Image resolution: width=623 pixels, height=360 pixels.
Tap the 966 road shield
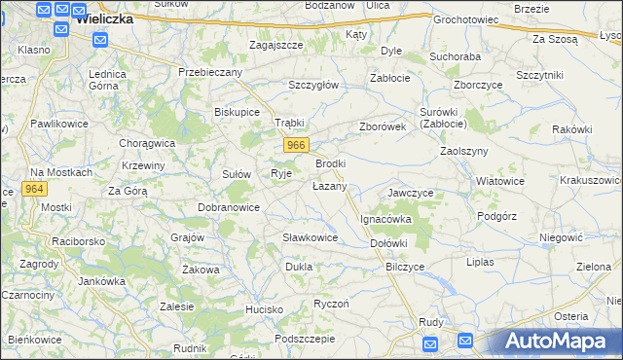tap(298, 145)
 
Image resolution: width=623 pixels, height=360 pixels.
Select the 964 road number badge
tap(34, 189)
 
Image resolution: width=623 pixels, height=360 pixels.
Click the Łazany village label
tap(329, 185)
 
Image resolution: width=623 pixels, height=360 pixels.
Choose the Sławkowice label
tap(310, 236)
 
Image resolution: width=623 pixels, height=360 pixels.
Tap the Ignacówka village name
tap(386, 220)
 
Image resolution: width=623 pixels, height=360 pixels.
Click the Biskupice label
tap(237, 111)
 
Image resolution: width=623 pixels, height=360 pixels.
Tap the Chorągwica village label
tap(146, 143)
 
